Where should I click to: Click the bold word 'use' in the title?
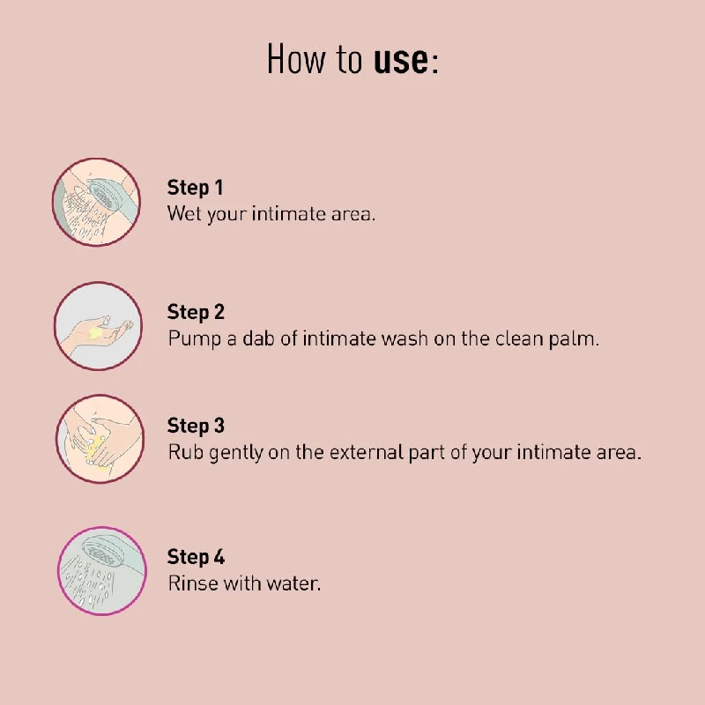(x=401, y=61)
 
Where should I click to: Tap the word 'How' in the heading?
(x=296, y=58)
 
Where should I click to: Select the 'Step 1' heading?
(x=195, y=188)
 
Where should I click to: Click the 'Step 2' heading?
(x=196, y=312)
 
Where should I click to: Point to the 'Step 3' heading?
(x=196, y=426)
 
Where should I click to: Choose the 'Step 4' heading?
(x=196, y=557)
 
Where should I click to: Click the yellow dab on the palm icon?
(x=95, y=333)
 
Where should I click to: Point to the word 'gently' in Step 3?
(x=236, y=453)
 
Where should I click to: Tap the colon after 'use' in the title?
(x=434, y=64)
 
